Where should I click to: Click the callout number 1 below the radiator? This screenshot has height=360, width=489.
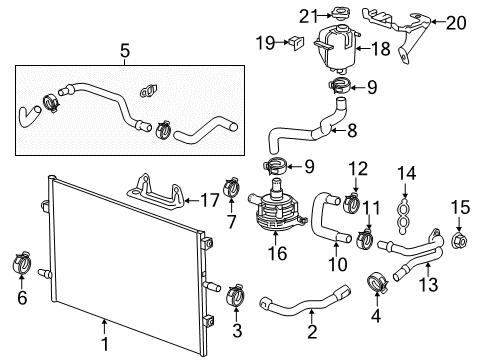coord(103,351)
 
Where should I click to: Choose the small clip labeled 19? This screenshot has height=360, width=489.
coord(295,43)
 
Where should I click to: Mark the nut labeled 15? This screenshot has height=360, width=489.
coord(460,240)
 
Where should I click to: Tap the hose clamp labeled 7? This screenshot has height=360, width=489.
coord(233,186)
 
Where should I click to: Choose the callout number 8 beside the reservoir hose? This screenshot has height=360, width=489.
coord(352,128)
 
